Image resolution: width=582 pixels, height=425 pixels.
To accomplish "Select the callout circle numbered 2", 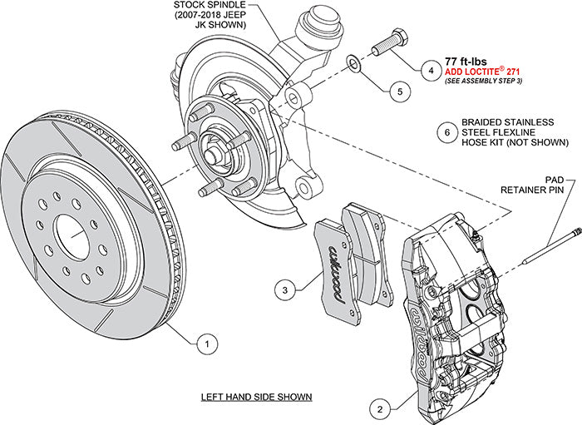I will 379,408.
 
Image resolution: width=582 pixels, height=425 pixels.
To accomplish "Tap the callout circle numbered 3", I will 285,289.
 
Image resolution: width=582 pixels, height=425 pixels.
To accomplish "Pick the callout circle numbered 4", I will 430,71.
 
